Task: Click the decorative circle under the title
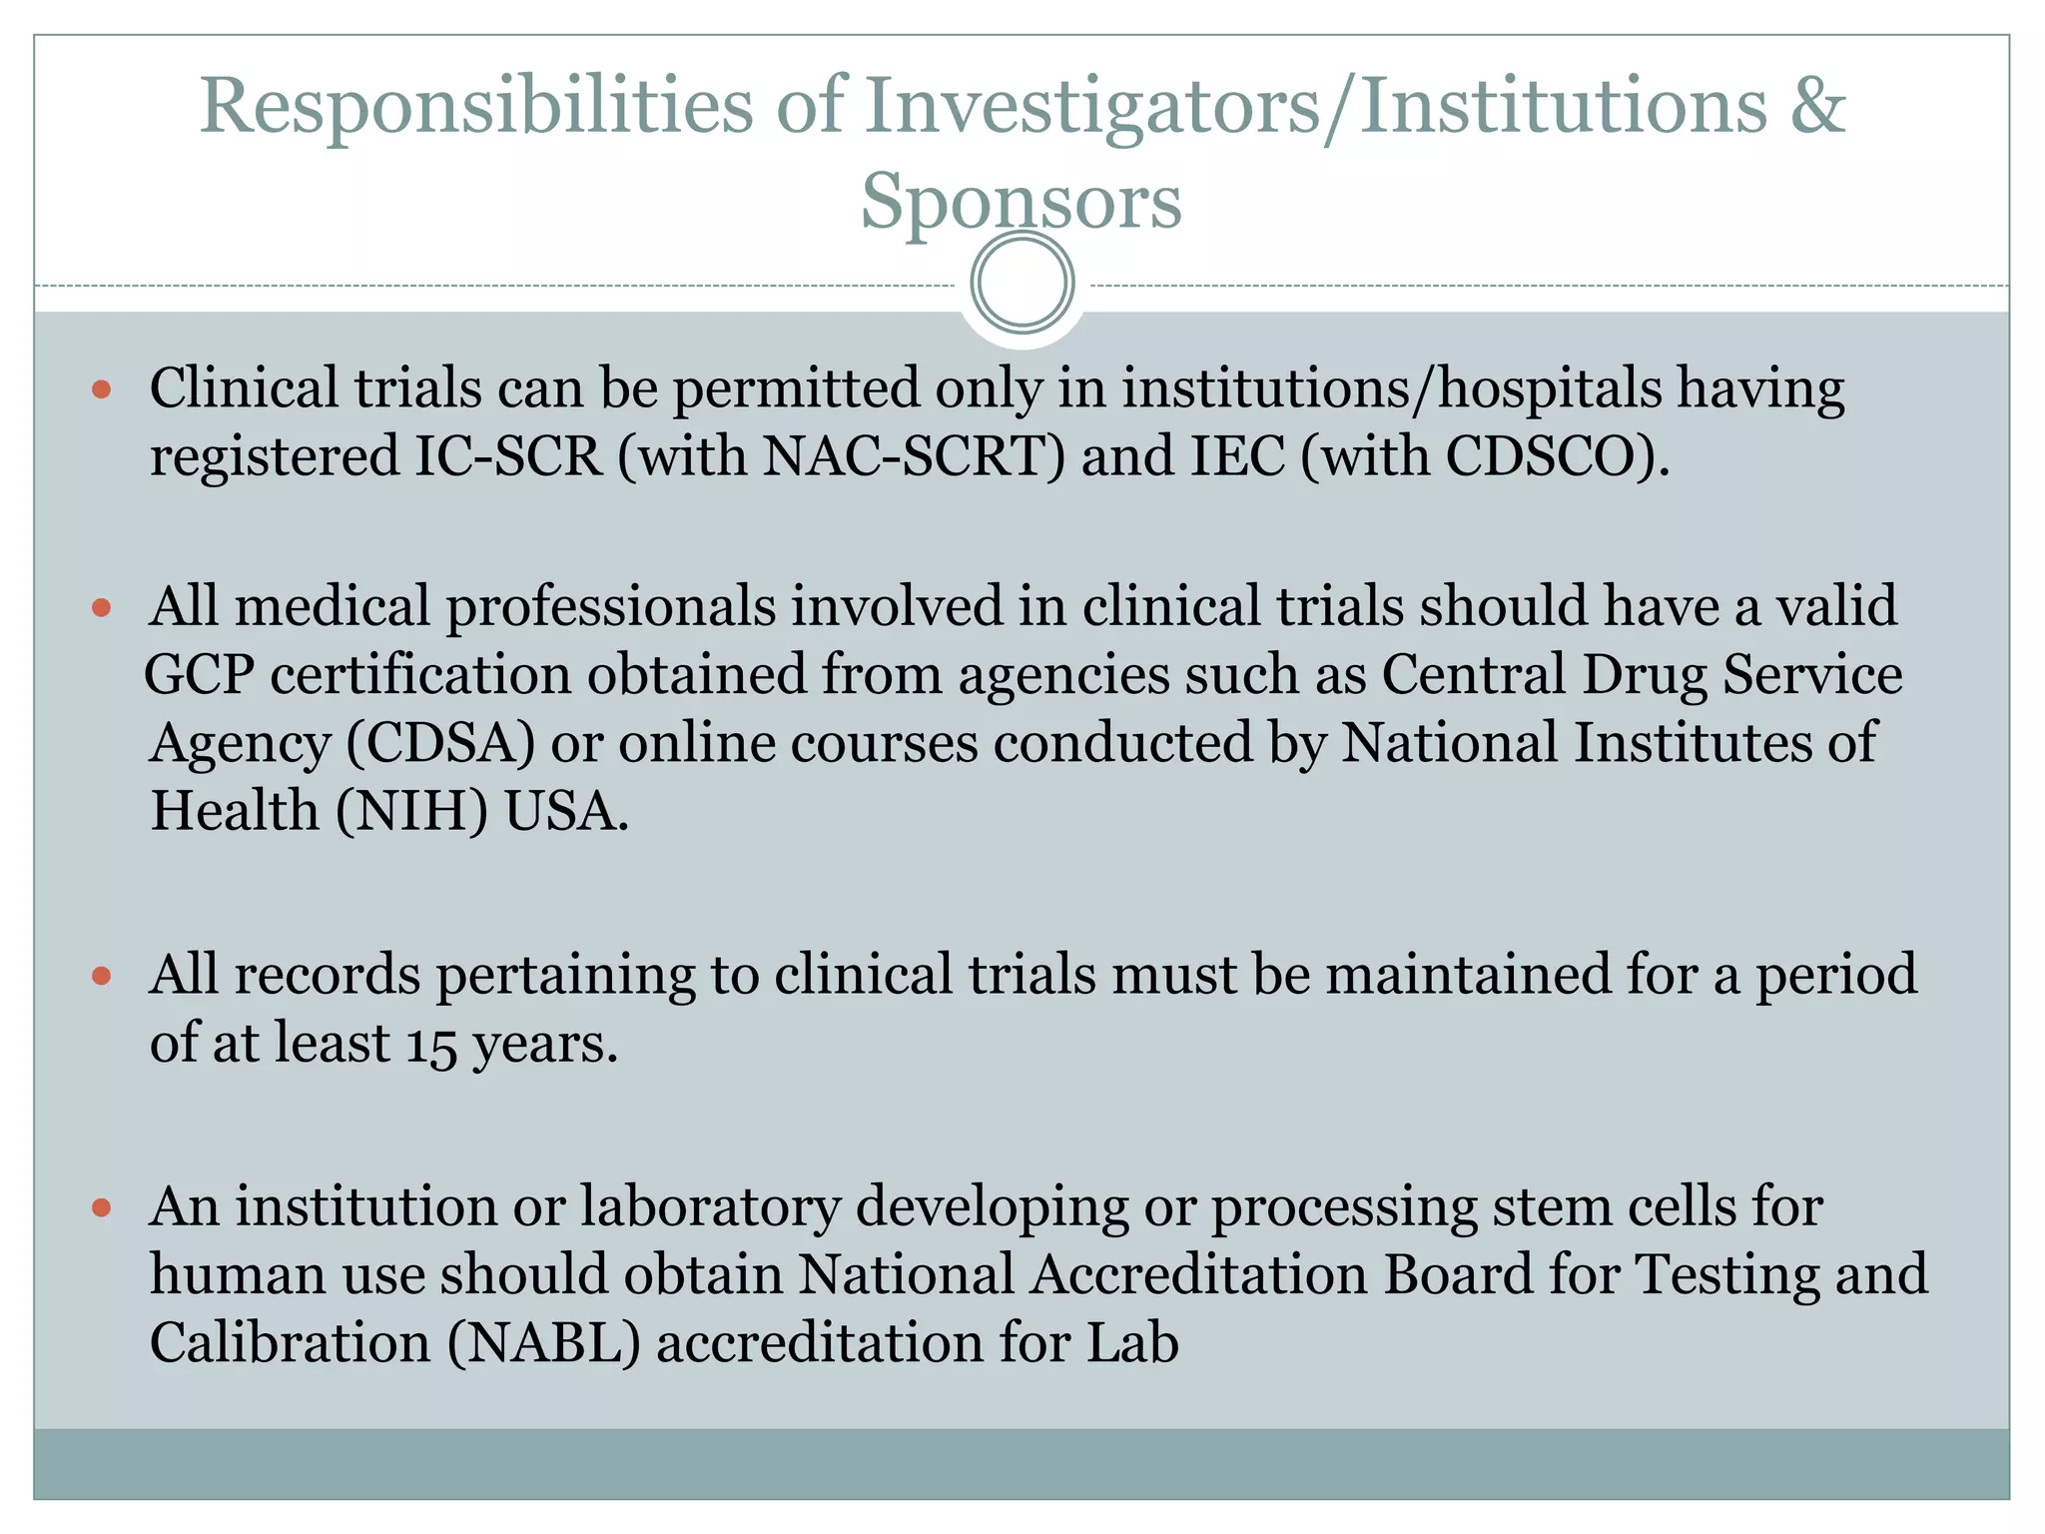coord(1022,283)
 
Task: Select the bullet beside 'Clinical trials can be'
coord(101,388)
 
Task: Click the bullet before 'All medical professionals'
coord(101,607)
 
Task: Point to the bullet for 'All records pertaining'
coord(101,975)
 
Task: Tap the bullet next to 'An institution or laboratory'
coord(101,1207)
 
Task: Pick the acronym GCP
coord(200,675)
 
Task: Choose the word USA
coord(566,811)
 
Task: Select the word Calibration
coord(290,1343)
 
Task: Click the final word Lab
coord(1132,1343)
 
